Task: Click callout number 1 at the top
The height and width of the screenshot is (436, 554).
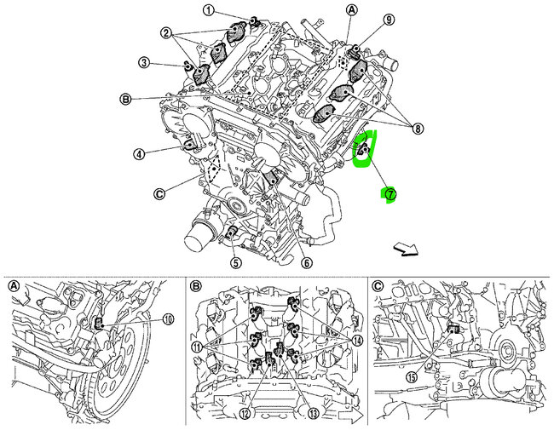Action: pos(208,9)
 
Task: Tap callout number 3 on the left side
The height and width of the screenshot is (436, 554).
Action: pos(145,62)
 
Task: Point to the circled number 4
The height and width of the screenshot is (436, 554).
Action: pos(138,154)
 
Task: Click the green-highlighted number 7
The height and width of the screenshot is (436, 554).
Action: pos(390,194)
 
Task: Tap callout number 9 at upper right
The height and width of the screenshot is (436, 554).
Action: pos(389,19)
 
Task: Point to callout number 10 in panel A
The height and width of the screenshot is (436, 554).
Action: pos(166,319)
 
